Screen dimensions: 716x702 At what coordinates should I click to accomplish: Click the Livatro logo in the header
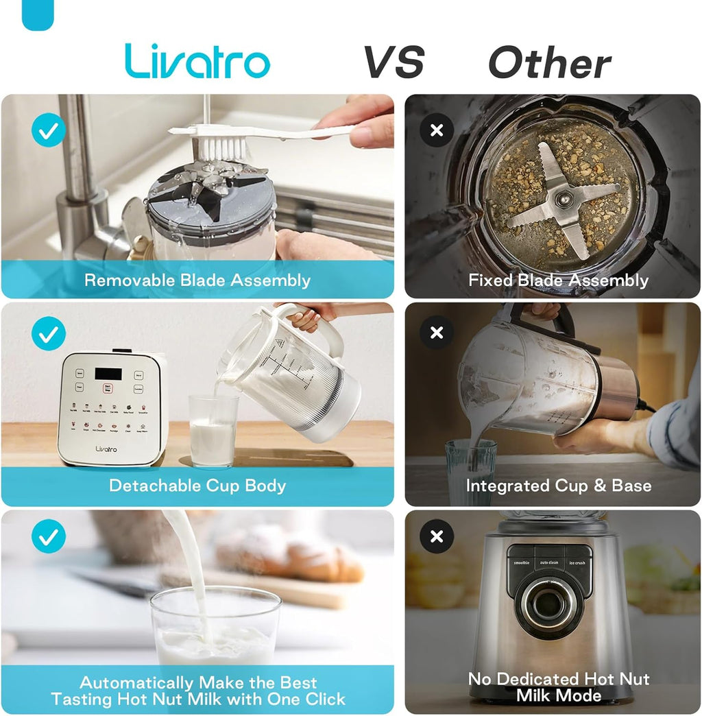[x=197, y=62]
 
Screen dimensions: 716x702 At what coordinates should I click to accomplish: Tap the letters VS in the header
[x=394, y=63]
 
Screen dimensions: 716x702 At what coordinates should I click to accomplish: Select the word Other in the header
[x=549, y=64]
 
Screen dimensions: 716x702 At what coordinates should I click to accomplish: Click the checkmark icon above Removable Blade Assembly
[x=49, y=130]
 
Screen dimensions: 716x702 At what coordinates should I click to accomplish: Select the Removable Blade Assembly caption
[x=197, y=280]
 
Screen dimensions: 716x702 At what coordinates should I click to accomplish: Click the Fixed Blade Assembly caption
[x=558, y=280]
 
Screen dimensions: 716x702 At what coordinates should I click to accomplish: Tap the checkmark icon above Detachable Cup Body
[x=49, y=334]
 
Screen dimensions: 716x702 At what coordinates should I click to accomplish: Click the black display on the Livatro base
[x=109, y=374]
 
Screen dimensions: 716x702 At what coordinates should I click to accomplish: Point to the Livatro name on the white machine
[x=106, y=449]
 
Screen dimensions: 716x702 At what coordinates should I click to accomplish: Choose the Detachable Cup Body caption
[x=197, y=486]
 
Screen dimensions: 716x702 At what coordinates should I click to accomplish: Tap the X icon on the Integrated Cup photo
[x=437, y=333]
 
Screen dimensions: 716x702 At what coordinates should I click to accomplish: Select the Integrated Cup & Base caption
[x=558, y=486]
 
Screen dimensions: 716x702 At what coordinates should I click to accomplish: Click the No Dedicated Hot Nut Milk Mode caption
[x=558, y=687]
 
